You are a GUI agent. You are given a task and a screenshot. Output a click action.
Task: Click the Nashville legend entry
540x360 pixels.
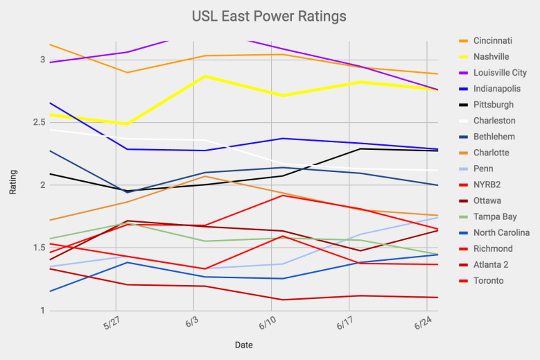pyautogui.click(x=491, y=56)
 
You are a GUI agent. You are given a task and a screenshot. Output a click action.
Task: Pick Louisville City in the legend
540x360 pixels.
pyautogui.click(x=500, y=72)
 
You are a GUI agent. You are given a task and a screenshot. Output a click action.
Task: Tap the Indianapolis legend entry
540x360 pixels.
pyautogui.click(x=496, y=88)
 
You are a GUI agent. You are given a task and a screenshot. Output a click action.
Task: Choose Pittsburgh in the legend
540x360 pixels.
pyautogui.click(x=494, y=105)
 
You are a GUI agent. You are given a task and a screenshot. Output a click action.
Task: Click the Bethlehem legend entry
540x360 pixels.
pyautogui.click(x=494, y=137)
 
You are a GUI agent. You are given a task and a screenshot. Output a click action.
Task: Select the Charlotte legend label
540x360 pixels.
pyautogui.click(x=491, y=153)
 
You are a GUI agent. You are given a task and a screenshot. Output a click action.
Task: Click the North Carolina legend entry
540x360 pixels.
pyautogui.click(x=502, y=232)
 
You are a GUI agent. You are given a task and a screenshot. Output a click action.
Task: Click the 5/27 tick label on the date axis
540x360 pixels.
pyautogui.click(x=112, y=325)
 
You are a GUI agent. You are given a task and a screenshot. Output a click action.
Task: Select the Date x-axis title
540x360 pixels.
pyautogui.click(x=243, y=345)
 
